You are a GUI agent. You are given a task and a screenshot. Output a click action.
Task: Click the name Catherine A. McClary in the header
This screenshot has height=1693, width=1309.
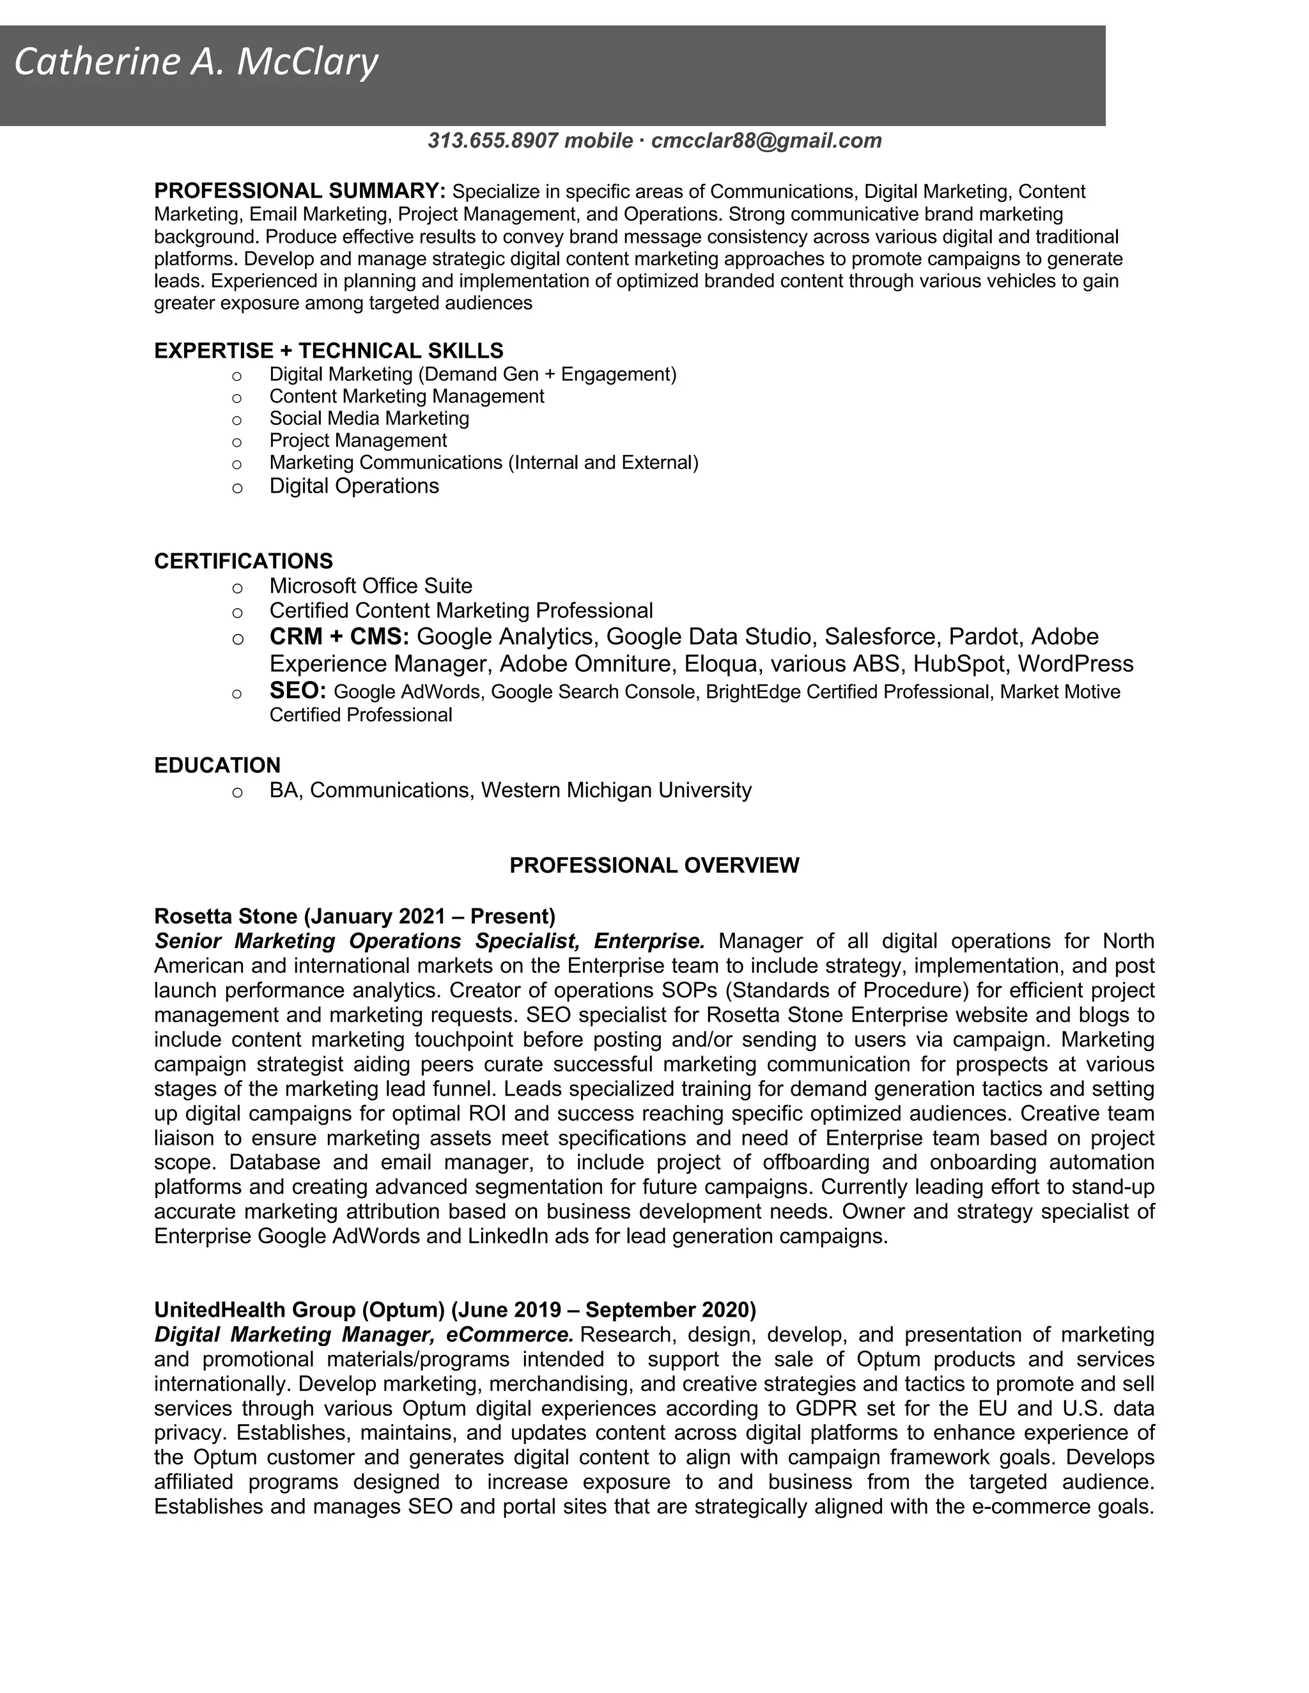point(196,63)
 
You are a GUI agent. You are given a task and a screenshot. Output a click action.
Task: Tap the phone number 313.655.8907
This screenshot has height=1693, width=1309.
point(492,141)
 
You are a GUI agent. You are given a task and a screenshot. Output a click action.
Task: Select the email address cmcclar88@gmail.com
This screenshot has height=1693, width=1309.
point(766,141)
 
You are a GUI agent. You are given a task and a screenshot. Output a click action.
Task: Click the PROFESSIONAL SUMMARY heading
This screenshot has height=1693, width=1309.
point(299,190)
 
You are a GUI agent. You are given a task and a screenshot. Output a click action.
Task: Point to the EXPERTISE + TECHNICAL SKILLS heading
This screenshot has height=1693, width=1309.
point(328,351)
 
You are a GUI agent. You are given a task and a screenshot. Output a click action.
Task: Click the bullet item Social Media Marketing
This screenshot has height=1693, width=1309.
point(369,418)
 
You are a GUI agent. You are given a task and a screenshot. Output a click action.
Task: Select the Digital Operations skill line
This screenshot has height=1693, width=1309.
point(353,486)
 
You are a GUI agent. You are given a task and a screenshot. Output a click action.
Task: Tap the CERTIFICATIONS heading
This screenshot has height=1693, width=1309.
point(244,561)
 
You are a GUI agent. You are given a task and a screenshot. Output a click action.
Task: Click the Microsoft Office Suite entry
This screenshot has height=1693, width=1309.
point(371,586)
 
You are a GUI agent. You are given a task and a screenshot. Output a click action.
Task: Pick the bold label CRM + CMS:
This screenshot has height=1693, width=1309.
point(339,636)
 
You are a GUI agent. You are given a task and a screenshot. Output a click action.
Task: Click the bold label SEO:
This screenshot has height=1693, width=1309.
point(298,690)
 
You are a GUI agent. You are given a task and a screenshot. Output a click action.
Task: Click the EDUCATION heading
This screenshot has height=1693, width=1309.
point(217,765)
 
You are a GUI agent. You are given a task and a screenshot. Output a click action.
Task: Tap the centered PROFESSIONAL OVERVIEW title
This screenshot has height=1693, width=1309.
point(654,865)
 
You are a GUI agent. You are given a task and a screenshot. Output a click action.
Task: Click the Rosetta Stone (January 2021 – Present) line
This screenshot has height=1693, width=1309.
point(354,916)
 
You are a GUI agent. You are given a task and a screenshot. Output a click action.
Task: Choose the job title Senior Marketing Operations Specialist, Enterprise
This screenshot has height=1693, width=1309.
point(429,941)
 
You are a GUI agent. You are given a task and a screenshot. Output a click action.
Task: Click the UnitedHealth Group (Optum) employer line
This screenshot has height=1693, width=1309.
point(454,1310)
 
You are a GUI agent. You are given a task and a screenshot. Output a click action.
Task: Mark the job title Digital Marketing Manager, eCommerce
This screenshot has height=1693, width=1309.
point(363,1335)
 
